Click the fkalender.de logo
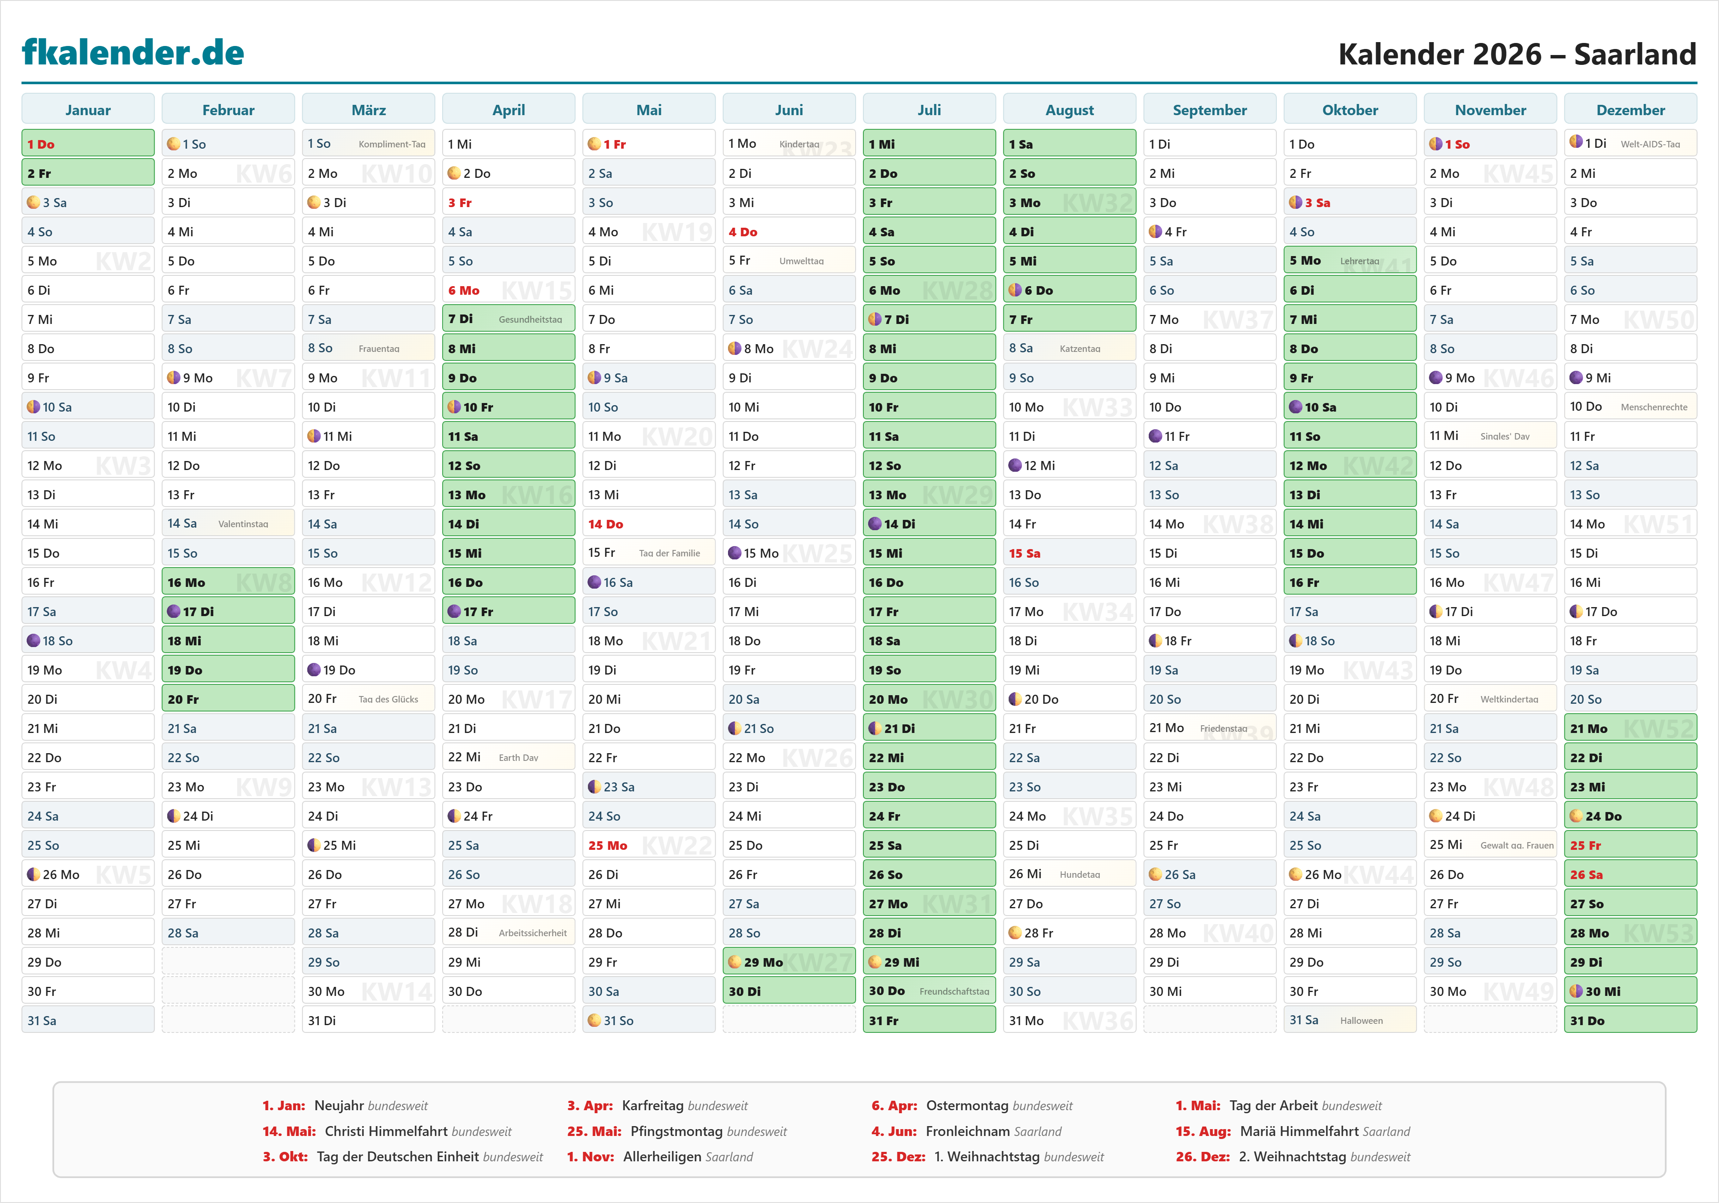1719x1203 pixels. [133, 52]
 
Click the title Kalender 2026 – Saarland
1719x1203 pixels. [1517, 54]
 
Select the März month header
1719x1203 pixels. [368, 110]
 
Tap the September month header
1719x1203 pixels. [1209, 110]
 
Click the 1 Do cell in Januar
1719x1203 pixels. [88, 144]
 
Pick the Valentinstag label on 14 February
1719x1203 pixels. [243, 524]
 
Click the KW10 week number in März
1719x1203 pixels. [397, 174]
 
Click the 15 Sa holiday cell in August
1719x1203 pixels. [1069, 553]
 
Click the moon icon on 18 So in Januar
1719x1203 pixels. [33, 641]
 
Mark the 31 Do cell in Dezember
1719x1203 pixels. [1630, 1020]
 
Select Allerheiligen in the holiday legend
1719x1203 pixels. [688, 1157]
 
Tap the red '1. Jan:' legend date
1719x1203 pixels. [284, 1105]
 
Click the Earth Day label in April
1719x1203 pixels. [518, 757]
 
